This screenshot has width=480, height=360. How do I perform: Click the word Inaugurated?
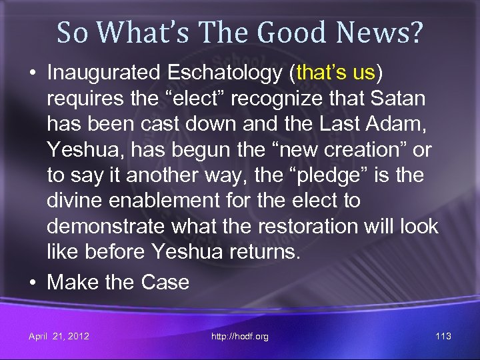coord(108,73)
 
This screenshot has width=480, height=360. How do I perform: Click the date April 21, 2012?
coord(59,336)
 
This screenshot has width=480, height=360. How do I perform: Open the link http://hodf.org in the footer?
coord(240,336)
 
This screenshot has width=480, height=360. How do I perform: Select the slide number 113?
coord(443,336)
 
